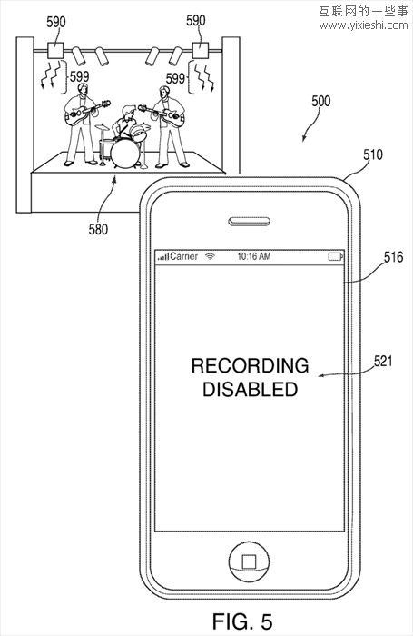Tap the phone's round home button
point(249,561)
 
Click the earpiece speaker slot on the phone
point(250,222)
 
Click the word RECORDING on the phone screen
point(250,365)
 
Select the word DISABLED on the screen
point(251,389)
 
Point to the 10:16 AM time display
point(254,256)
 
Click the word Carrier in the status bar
point(184,256)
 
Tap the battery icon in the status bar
point(336,257)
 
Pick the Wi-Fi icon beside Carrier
point(210,256)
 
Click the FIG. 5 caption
point(242,621)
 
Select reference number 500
point(320,101)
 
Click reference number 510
point(372,154)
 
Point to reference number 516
point(394,257)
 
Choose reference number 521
point(383,361)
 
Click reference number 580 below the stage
point(99,230)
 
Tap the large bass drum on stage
point(125,154)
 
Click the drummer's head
point(129,111)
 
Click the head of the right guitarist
point(163,92)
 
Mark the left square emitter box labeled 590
point(54,51)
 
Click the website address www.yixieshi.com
point(363,25)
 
